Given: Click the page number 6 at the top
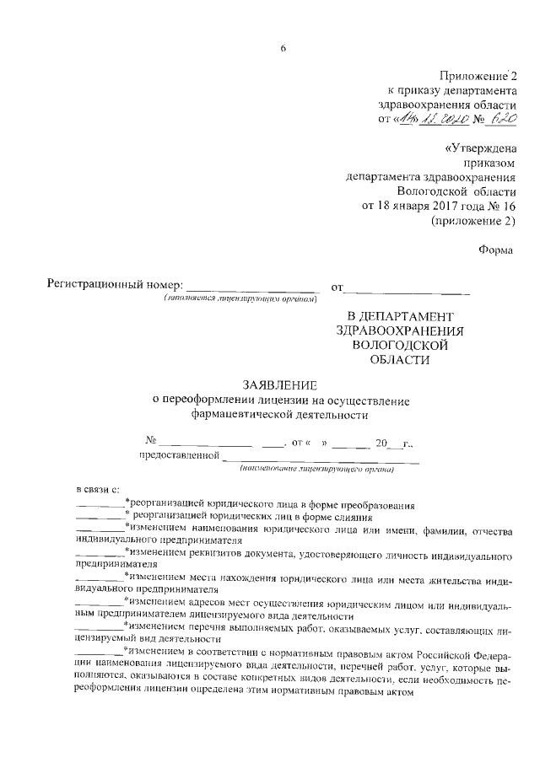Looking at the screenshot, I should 284,47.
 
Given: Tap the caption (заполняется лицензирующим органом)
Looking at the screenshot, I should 240,299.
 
